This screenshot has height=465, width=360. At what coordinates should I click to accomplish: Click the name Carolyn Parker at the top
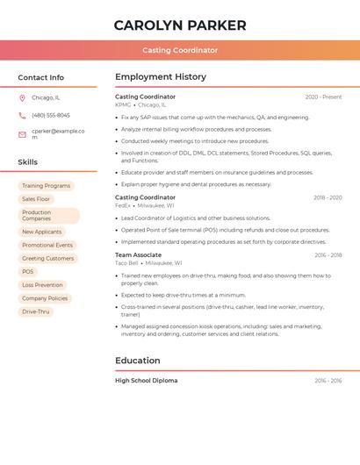coord(180,25)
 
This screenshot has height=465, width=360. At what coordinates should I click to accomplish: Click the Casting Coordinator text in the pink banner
coord(180,50)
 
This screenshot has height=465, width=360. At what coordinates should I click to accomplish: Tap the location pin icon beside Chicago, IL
coord(22,97)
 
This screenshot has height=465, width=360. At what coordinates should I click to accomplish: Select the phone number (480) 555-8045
coord(51,115)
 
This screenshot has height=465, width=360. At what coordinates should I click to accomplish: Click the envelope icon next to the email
coord(22,134)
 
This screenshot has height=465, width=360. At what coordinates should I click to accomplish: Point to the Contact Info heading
coord(41,77)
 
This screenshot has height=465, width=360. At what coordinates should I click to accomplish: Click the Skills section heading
coord(28,162)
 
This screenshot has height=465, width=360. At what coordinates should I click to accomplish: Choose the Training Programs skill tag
coord(46,186)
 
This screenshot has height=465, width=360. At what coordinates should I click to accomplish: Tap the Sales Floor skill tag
coord(36,199)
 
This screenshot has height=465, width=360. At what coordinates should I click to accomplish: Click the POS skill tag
coord(28,272)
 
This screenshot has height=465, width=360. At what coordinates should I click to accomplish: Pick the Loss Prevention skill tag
coord(42,285)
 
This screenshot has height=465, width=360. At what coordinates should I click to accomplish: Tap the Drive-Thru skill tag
coord(36,311)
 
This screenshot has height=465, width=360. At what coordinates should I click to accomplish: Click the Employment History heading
coord(161,77)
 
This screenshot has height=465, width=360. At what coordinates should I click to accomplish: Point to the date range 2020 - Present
coord(323,97)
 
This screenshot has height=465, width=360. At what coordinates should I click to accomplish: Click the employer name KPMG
coord(123,104)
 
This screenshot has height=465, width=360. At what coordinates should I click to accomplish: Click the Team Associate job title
coord(138,255)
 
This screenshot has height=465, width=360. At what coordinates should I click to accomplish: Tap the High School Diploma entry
coord(146,381)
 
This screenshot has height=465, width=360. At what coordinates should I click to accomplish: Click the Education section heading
coord(138,361)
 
